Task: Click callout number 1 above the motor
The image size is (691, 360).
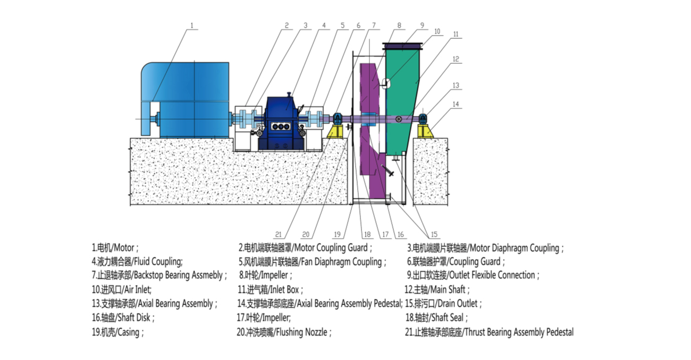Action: coord(191,26)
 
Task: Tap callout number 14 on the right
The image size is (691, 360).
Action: coord(456,104)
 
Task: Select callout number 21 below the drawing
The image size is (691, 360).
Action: coord(278,235)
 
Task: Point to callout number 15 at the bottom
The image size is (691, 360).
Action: coord(434,235)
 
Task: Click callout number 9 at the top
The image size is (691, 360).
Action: coord(422,26)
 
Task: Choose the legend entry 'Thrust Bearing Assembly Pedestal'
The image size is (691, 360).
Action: coord(519,332)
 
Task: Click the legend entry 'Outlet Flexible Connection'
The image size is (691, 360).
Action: coord(493,275)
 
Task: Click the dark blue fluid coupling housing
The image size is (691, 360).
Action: coord(281,123)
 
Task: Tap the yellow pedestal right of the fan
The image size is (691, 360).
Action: coord(426,131)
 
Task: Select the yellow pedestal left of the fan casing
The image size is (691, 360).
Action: coord(336,131)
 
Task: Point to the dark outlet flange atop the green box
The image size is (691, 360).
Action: coord(402,46)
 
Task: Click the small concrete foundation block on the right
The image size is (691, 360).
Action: coord(431,171)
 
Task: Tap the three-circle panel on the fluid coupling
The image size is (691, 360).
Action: coord(281,127)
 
